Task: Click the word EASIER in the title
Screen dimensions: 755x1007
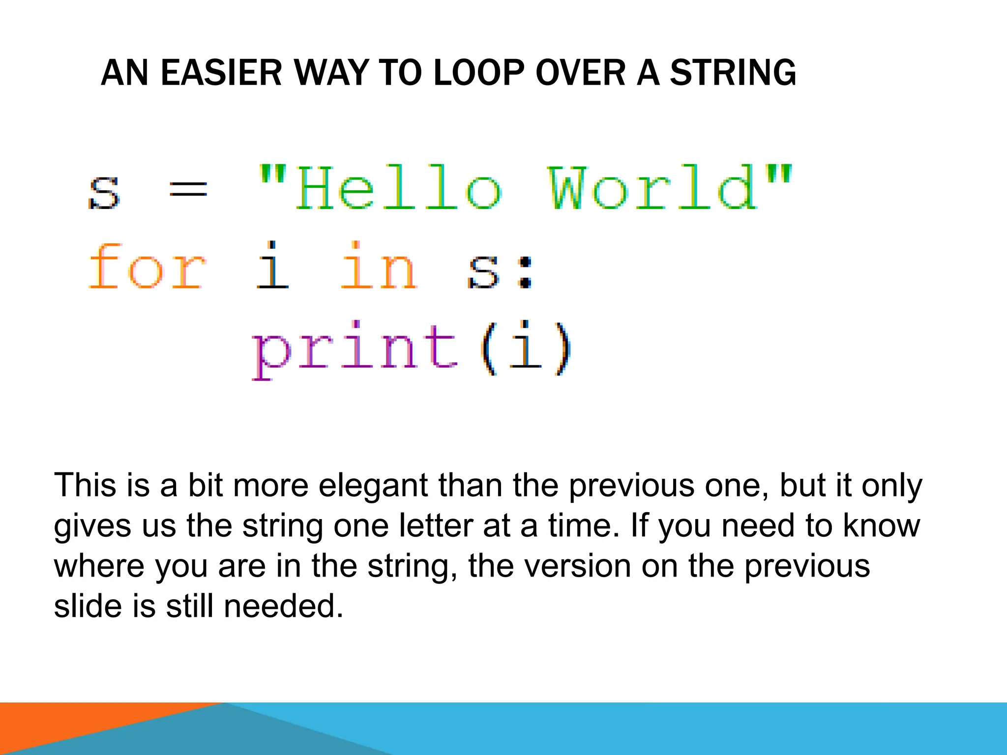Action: click(x=221, y=73)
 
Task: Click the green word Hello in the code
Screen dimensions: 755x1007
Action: click(x=398, y=188)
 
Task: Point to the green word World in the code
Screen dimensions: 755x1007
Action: click(x=653, y=188)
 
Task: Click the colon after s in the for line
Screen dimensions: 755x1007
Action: click(x=526, y=273)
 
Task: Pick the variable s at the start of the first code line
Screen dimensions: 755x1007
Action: click(x=104, y=193)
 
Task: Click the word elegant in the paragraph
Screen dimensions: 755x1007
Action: click(x=373, y=486)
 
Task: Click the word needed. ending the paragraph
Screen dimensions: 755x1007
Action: click(x=283, y=607)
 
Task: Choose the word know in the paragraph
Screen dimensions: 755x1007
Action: click(x=882, y=526)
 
